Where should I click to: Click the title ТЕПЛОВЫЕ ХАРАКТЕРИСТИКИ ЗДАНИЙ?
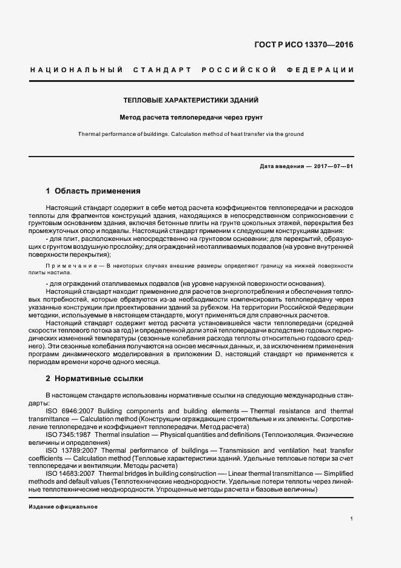(191, 100)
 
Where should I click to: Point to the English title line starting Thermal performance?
(191, 134)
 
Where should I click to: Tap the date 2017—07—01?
(334, 166)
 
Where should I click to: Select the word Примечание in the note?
(74, 266)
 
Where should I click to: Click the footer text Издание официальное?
(63, 507)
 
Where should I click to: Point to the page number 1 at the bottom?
(352, 519)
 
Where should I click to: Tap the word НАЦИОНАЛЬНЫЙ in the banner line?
(76, 70)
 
